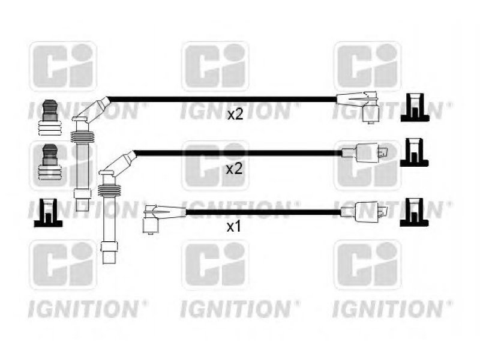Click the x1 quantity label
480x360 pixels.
tap(233, 227)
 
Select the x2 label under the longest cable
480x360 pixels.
tap(235, 115)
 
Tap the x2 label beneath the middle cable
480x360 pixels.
tap(234, 169)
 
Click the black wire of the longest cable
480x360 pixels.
tap(223, 100)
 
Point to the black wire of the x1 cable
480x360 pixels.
tap(263, 212)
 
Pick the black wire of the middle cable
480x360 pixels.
tap(239, 153)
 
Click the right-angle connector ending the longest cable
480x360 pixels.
tap(358, 106)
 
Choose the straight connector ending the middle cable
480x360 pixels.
tap(365, 153)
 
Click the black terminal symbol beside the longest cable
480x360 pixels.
tap(415, 108)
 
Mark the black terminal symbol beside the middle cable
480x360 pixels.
tap(414, 152)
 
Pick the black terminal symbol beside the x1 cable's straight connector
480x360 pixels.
tap(414, 212)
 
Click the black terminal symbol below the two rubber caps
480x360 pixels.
tap(48, 213)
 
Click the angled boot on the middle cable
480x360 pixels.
tap(118, 163)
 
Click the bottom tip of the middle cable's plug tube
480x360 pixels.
tap(109, 263)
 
